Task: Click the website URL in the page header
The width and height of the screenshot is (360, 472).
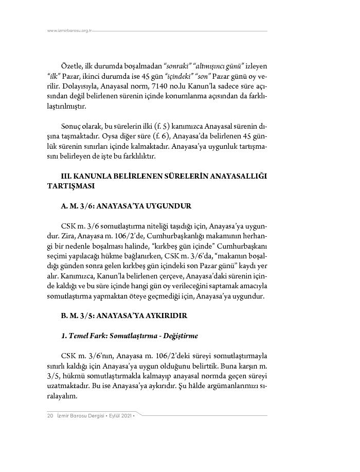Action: [69, 31]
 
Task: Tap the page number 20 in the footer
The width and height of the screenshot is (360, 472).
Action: [50, 415]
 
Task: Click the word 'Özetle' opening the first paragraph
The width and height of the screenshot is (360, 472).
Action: [71, 67]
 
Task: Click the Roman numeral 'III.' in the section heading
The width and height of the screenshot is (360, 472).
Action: [68, 176]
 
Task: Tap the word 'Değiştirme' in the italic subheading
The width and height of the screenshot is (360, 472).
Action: [178, 336]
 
